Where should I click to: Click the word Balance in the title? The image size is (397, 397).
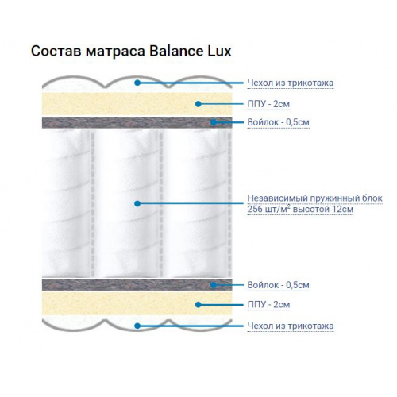click(176, 51)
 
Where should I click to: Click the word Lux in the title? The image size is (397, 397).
click(219, 51)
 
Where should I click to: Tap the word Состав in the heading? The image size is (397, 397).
click(56, 51)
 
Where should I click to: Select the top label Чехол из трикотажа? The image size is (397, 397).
click(291, 83)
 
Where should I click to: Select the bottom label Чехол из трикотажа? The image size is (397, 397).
click(291, 326)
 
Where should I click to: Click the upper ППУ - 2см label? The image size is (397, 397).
click(268, 104)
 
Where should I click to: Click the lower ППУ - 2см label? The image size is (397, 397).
click(268, 305)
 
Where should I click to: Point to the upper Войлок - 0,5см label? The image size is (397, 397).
click(278, 122)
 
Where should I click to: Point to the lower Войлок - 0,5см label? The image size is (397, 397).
click(278, 285)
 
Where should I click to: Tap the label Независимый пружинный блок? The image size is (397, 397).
click(314, 198)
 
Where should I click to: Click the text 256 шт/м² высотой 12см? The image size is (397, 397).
click(300, 209)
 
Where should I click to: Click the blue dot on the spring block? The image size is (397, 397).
click(137, 203)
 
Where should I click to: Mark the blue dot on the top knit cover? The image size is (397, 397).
click(137, 83)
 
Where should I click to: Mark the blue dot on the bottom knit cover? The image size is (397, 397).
click(137, 326)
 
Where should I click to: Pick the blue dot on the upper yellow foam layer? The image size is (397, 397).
click(198, 104)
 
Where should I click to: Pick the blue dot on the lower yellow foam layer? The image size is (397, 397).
click(198, 305)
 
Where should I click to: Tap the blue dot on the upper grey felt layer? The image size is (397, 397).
click(214, 122)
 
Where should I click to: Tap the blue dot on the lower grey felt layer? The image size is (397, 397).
click(214, 285)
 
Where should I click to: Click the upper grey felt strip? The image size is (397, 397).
click(137, 122)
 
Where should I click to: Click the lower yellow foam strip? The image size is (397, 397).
click(137, 303)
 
